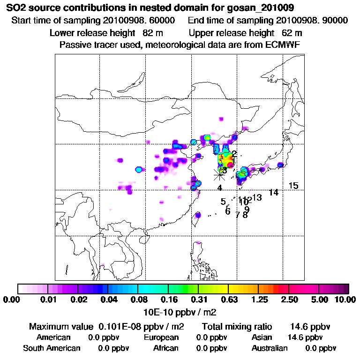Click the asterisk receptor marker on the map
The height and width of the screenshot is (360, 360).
(219, 174)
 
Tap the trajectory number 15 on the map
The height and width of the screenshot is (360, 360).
(293, 186)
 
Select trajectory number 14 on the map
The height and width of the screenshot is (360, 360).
(274, 193)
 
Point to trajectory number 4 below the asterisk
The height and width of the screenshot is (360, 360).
(219, 188)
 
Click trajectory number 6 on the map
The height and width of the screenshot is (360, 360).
(228, 211)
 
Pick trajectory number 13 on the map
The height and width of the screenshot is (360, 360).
(257, 197)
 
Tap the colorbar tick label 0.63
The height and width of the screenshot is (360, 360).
(228, 300)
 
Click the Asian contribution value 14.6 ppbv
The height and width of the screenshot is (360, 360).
(305, 337)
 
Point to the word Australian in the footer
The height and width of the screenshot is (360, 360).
(270, 348)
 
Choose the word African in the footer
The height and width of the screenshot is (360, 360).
(166, 348)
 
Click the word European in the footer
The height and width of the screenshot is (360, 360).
(161, 337)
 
